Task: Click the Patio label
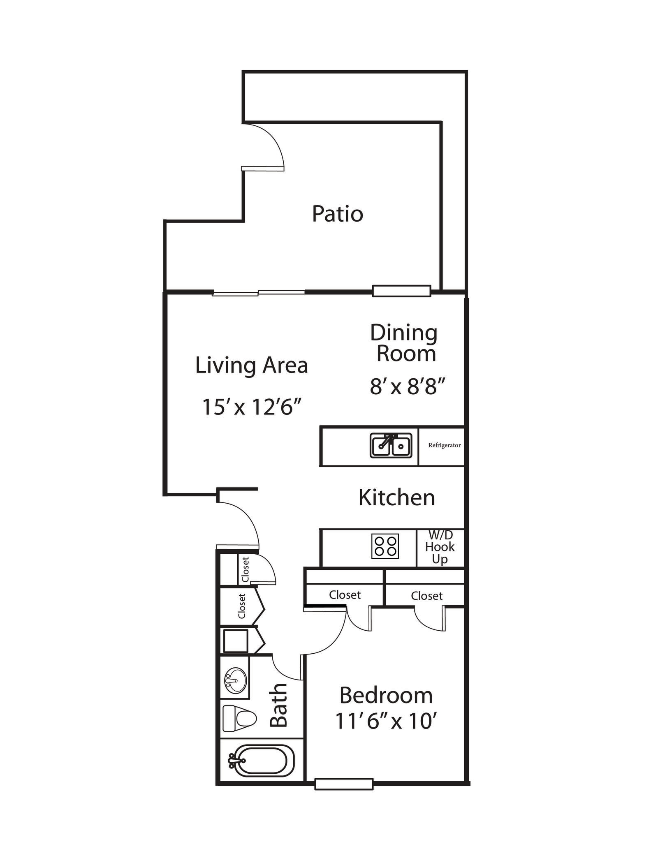click(337, 214)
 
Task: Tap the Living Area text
click(251, 365)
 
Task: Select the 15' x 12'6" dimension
click(252, 407)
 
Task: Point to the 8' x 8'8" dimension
click(408, 387)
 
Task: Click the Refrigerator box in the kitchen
click(444, 445)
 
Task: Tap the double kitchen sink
click(390, 446)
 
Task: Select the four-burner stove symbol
click(385, 546)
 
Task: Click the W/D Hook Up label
click(440, 547)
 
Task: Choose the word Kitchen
click(396, 497)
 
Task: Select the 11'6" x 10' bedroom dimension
click(385, 721)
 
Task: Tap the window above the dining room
click(401, 291)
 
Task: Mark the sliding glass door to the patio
click(258, 293)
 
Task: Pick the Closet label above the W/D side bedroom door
click(426, 596)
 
